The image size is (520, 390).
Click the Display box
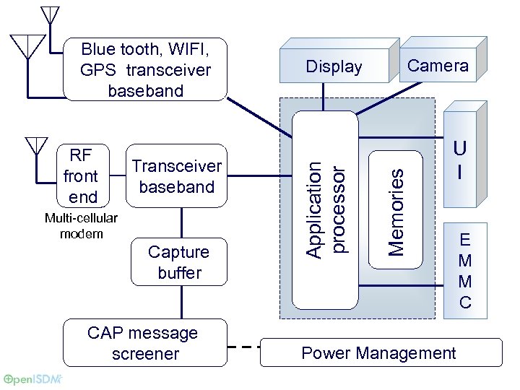click(x=334, y=67)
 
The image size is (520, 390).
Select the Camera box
click(x=438, y=66)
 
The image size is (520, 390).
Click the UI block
click(x=460, y=160)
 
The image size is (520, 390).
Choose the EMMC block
click(x=465, y=271)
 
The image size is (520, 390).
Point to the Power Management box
click(x=380, y=352)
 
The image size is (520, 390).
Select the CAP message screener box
click(x=143, y=343)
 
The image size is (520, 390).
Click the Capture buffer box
click(x=179, y=262)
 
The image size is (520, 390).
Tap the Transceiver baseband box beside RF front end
click(x=177, y=176)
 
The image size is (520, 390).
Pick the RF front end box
click(x=81, y=176)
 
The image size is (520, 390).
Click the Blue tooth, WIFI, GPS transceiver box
click(x=145, y=69)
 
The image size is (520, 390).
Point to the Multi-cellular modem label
click(x=81, y=225)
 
